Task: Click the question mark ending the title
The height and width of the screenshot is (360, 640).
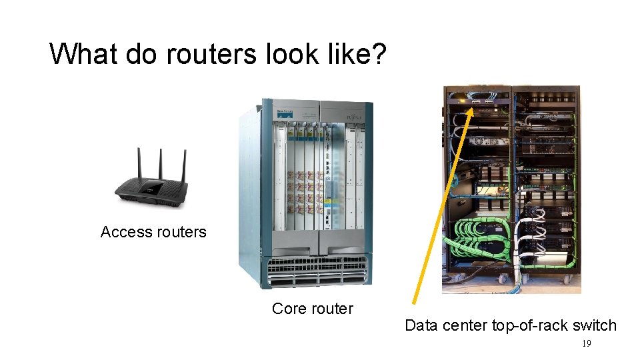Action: [377, 54]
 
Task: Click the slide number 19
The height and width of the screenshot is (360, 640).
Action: [587, 344]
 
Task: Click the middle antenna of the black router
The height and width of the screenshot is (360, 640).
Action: [161, 164]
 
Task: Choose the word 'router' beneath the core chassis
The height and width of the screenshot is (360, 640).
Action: [332, 309]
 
